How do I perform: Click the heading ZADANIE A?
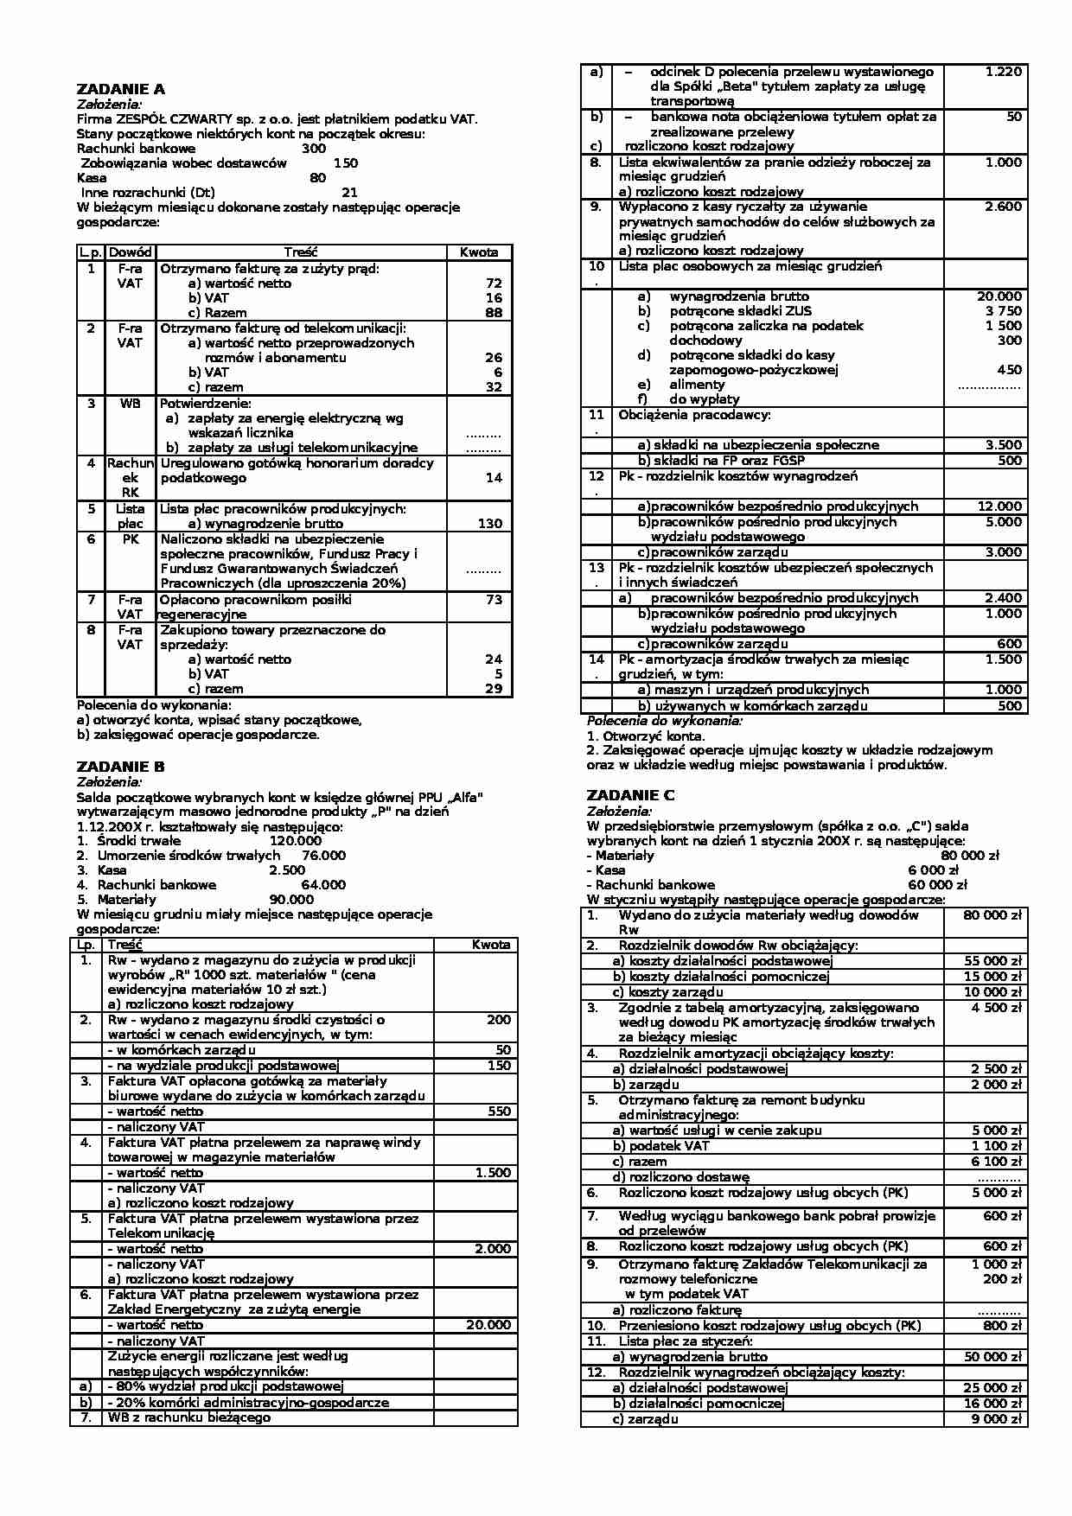(x=120, y=89)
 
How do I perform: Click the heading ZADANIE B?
(x=120, y=767)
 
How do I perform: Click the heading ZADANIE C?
(x=630, y=795)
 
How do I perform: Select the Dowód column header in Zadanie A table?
(x=131, y=252)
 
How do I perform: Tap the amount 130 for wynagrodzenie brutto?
(x=489, y=523)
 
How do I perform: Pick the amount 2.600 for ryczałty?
(x=1003, y=206)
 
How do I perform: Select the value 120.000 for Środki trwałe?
(x=296, y=840)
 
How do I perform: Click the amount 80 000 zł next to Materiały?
(x=969, y=855)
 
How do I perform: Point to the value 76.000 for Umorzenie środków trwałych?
(x=323, y=855)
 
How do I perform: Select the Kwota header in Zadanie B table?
(x=491, y=944)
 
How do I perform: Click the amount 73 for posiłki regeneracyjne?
(x=494, y=599)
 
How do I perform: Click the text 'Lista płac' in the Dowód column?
(x=131, y=515)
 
